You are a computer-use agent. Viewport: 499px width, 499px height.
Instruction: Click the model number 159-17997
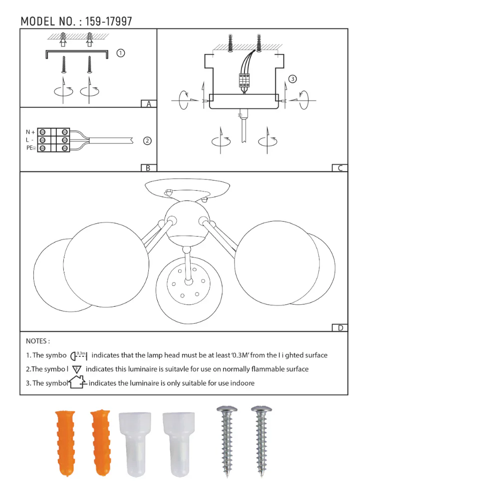tap(109, 21)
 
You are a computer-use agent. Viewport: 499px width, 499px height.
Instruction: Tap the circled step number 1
tap(120, 53)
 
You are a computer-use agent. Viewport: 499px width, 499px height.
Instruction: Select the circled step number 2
tap(147, 141)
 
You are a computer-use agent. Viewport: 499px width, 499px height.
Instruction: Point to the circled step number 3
tap(292, 79)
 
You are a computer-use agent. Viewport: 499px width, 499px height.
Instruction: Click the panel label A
tap(148, 104)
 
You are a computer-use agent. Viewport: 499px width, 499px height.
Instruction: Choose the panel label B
tap(148, 168)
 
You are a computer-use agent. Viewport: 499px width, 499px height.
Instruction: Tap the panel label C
tap(340, 168)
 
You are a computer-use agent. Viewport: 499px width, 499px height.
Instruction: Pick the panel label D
tap(340, 328)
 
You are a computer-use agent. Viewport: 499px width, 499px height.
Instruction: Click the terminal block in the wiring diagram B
tap(54, 140)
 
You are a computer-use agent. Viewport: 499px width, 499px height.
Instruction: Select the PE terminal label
tap(30, 148)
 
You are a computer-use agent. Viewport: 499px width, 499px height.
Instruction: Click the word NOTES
tap(37, 341)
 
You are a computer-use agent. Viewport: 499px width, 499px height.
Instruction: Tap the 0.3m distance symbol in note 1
tap(79, 356)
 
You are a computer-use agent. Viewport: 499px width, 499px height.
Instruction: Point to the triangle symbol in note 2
tap(76, 370)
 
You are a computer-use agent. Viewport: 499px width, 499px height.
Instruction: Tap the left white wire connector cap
tap(134, 443)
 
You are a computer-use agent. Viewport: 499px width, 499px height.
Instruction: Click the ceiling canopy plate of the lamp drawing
tap(187, 188)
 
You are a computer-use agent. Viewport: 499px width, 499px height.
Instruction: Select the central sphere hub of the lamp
tap(187, 222)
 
